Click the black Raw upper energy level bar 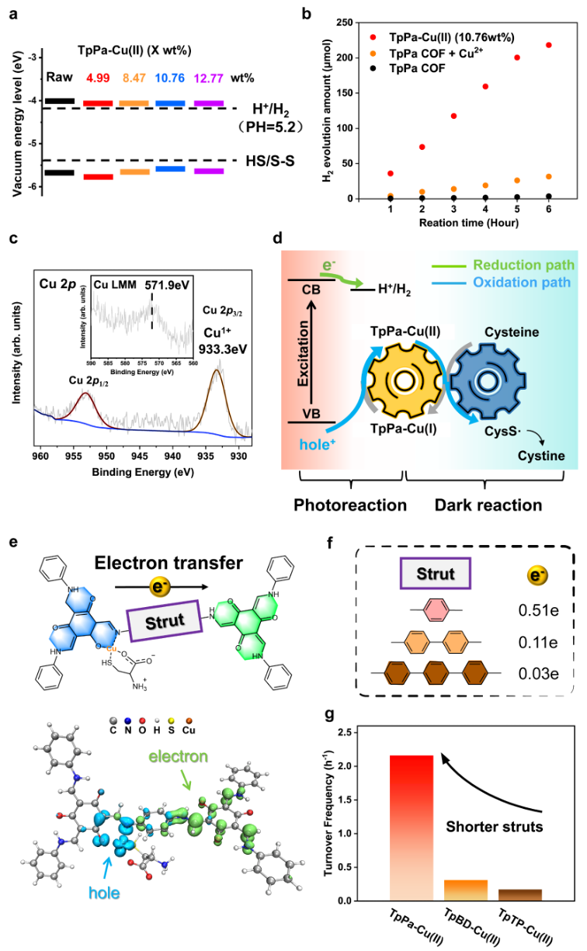60,101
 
